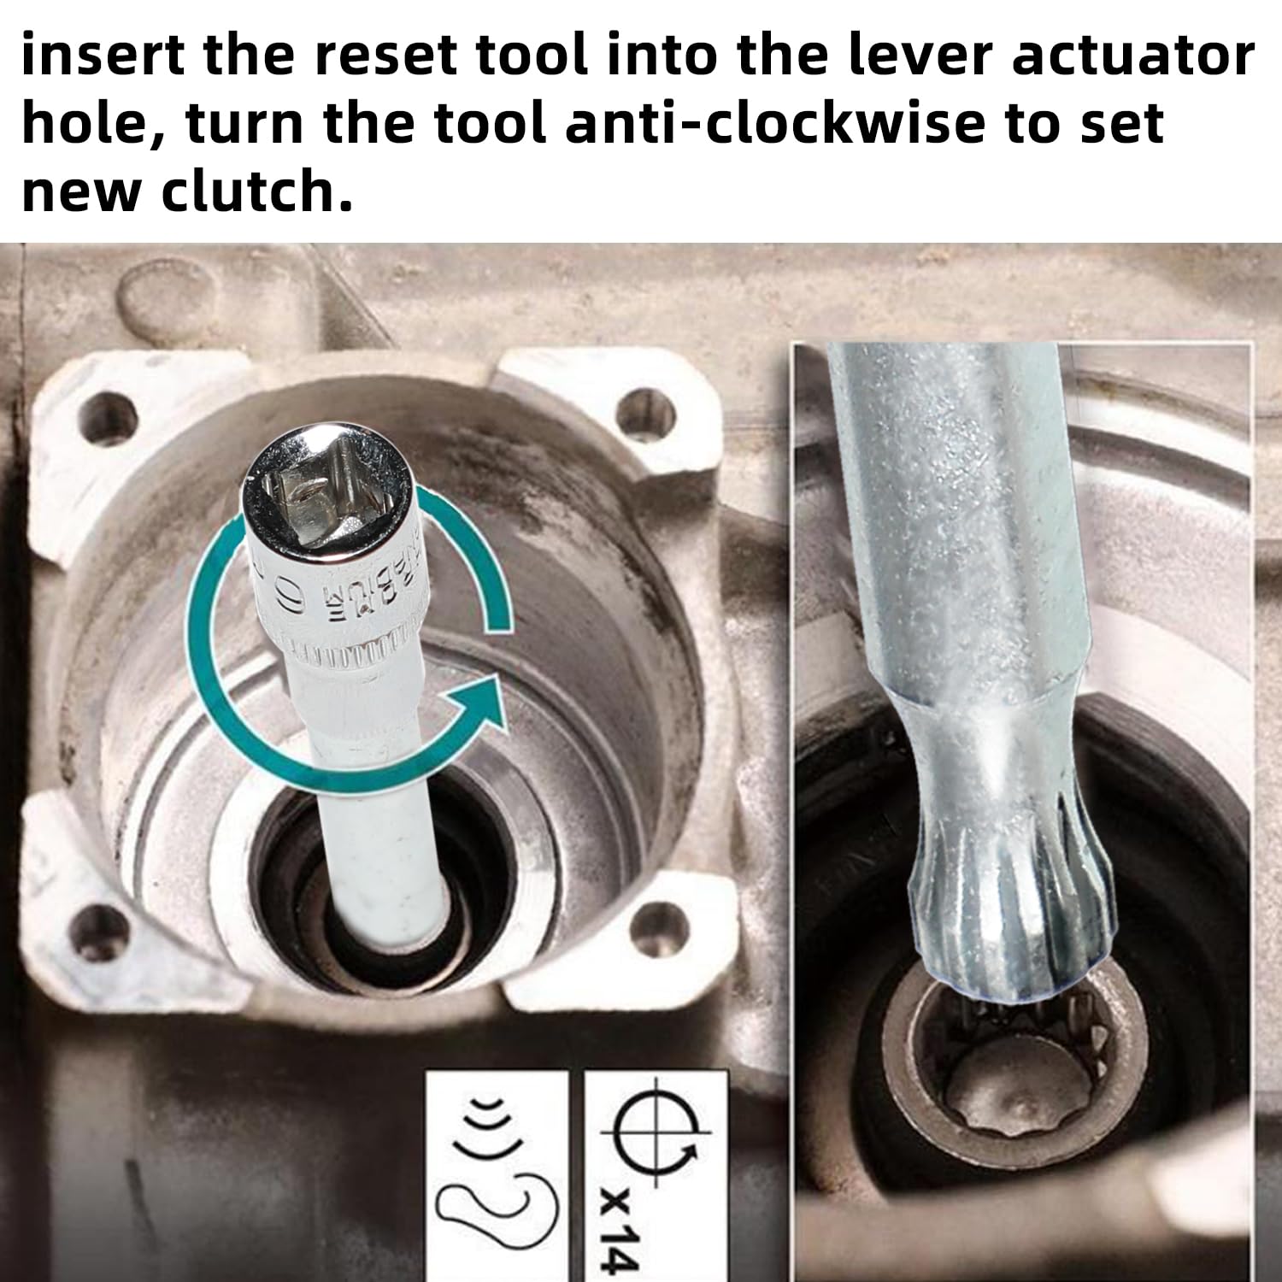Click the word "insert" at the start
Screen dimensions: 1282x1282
point(103,56)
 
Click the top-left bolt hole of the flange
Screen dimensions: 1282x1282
point(109,416)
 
